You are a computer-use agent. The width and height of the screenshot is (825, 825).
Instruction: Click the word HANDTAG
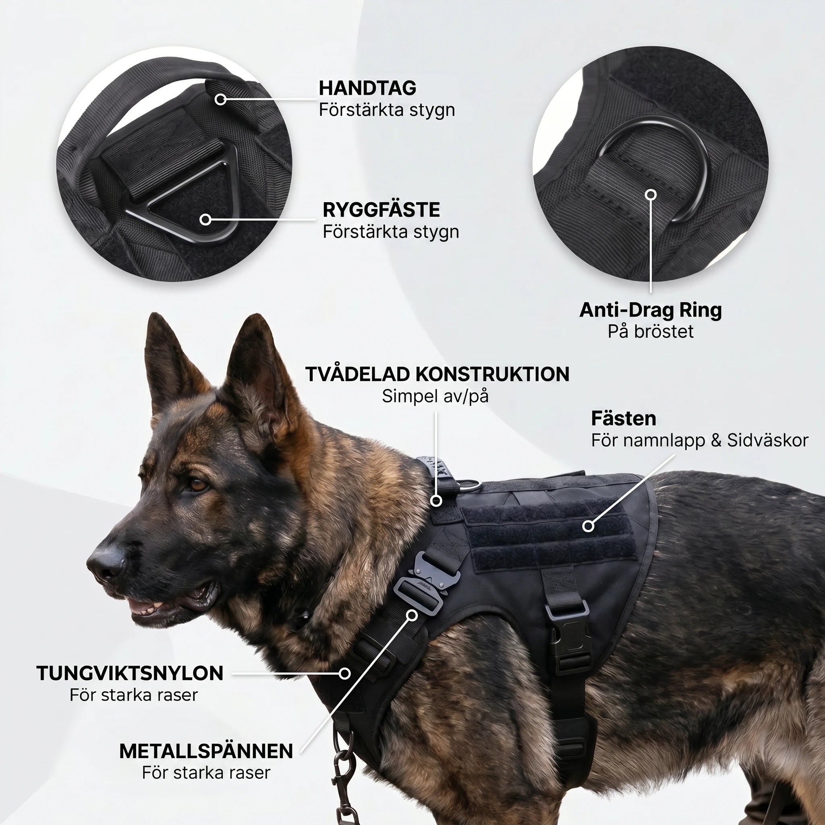tap(367, 88)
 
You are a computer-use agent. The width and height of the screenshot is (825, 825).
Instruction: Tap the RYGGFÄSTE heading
tap(381, 209)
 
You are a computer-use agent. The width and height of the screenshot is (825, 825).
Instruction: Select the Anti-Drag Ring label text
tap(650, 310)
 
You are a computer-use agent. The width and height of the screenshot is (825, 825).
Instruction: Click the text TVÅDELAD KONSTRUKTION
tap(437, 374)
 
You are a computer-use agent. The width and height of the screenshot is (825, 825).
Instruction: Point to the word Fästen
tap(624, 419)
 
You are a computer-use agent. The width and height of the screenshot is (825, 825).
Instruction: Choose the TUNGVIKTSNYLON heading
tap(130, 674)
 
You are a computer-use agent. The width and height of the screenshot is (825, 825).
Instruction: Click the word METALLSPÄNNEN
tap(206, 751)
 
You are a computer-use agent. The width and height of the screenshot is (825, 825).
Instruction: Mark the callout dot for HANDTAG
tap(220, 99)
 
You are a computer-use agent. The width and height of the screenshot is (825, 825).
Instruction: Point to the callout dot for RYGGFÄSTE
tap(206, 220)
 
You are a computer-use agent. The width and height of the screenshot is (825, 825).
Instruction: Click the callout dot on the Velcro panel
tap(589, 526)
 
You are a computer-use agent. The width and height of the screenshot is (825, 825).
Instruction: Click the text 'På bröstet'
tap(650, 332)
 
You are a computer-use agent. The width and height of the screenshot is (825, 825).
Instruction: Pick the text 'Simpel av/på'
tap(435, 396)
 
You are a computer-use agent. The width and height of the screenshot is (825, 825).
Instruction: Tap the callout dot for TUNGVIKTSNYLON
tap(344, 674)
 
